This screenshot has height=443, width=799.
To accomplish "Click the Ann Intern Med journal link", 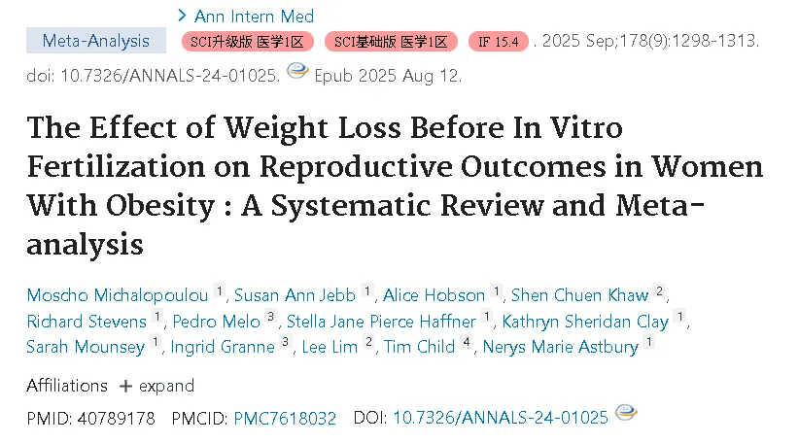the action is [x=254, y=17].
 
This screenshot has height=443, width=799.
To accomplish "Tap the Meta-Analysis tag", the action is [x=96, y=41].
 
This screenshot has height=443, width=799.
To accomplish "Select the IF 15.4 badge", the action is [x=499, y=41].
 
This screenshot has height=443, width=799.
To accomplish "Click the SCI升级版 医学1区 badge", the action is [x=247, y=41].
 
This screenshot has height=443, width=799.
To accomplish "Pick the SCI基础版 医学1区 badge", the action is [x=391, y=41].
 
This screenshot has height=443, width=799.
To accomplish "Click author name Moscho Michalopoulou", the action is [x=118, y=295].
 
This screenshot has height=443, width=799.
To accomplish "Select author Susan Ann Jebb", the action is [x=295, y=295].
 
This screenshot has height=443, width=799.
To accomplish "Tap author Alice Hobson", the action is [x=434, y=295].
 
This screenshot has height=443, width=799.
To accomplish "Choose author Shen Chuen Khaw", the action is [x=580, y=295].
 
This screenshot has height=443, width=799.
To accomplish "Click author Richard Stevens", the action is [x=87, y=322].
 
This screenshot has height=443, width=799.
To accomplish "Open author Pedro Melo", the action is [x=216, y=322].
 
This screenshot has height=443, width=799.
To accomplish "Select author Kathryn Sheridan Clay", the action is [x=585, y=322].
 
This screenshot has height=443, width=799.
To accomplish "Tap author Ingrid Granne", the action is [x=223, y=347].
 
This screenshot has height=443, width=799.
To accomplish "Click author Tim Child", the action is [x=419, y=347].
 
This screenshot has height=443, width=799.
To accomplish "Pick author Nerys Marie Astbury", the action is [x=561, y=347].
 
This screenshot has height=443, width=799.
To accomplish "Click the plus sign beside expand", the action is [x=125, y=387].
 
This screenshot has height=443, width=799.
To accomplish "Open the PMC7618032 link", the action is [x=285, y=418].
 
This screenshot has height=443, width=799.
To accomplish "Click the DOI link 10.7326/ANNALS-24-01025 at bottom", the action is [x=501, y=418].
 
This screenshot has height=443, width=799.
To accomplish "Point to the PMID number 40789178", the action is [x=117, y=419].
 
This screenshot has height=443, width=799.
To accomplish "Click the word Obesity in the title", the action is [x=160, y=206].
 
